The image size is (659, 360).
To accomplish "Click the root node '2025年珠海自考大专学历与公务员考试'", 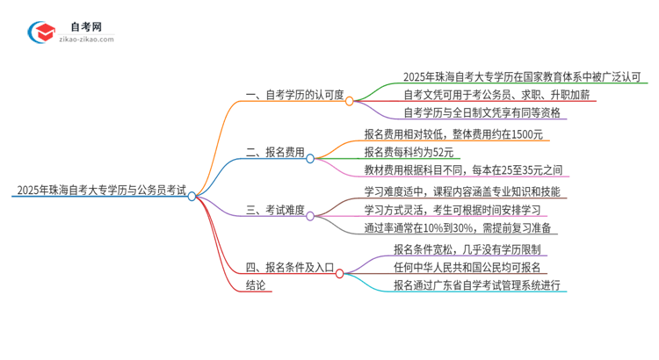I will pos(99,190).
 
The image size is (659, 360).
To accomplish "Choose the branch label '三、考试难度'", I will pos(275,209).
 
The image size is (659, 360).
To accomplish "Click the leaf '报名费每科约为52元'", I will pos(416,151).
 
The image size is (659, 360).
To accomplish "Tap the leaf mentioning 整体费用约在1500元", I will pos(456,133).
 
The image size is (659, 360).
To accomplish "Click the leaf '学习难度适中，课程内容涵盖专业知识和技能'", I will pos(461,190).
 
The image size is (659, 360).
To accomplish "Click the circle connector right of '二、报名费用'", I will pos(310,158).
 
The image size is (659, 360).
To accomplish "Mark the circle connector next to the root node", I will pos(192,197).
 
